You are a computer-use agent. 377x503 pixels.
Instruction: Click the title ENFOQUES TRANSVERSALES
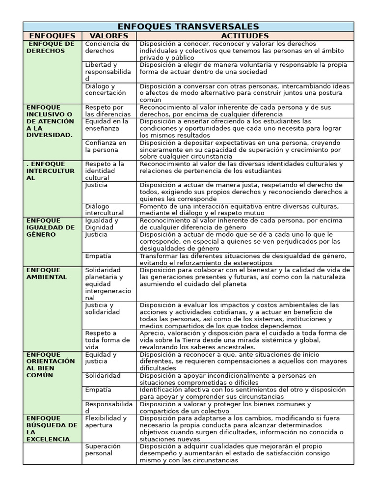pos(188,27)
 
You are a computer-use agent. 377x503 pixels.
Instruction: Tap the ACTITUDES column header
pos(244,36)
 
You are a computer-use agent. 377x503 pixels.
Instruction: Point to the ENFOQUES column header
pos(52,36)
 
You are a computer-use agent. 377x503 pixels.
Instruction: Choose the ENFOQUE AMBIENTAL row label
pos(47,274)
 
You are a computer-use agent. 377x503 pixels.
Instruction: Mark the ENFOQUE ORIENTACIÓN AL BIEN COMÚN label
pos(51,365)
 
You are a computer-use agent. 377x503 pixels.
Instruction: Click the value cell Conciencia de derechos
pos(107,47)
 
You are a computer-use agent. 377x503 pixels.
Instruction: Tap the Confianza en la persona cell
pos(106,146)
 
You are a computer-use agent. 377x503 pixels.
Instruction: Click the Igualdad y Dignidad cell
pos(102,224)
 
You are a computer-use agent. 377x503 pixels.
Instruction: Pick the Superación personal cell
pos(103,449)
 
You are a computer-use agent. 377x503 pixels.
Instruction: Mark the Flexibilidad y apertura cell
pos(106,421)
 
